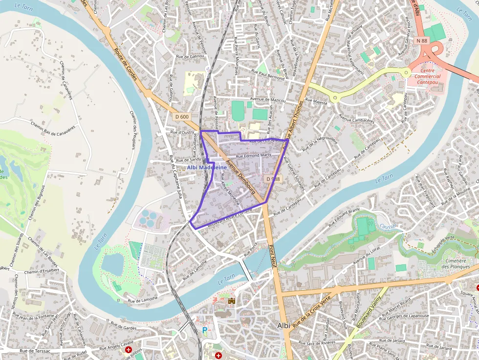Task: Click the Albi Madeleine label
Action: pos(207,168)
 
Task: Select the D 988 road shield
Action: pos(274,179)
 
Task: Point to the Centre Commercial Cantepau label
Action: pos(427,76)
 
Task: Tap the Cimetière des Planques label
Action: pos(456,264)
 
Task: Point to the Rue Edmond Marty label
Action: pos(253,155)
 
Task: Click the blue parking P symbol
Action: pos(205,331)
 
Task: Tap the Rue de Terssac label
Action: pos(35,351)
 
